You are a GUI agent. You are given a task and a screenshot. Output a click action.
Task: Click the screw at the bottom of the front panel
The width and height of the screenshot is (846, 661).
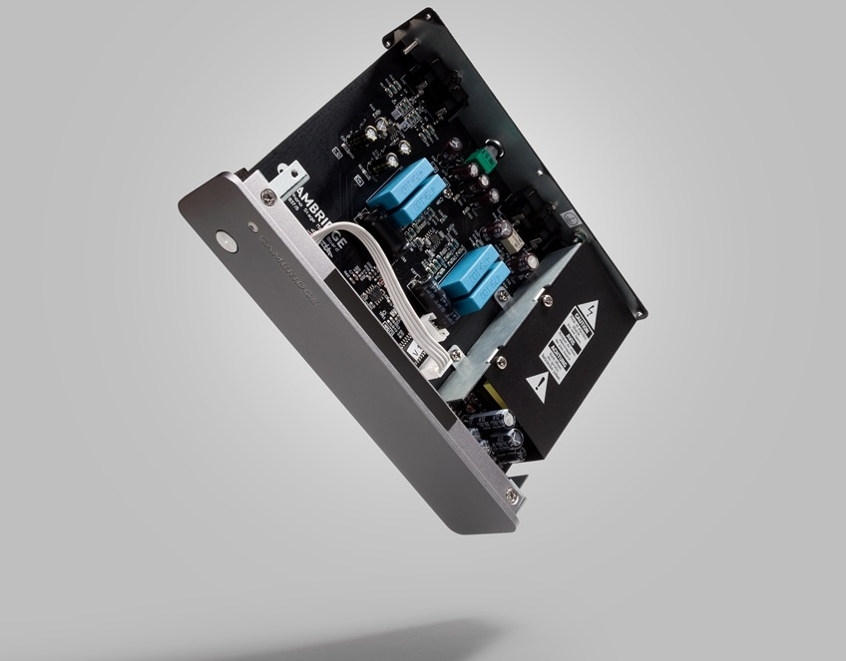point(512,496)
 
